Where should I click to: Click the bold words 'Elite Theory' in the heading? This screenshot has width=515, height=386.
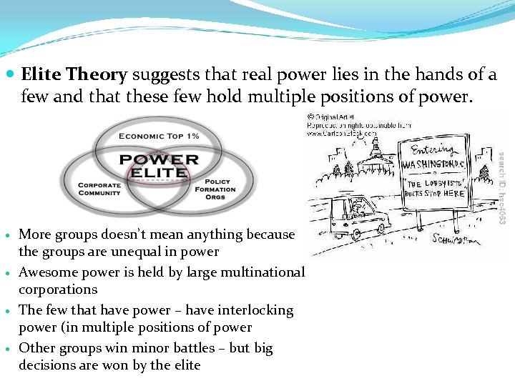pos(74,74)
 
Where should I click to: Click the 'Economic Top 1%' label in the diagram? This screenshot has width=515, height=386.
pos(159,137)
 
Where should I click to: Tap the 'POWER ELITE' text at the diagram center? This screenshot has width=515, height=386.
pos(159,165)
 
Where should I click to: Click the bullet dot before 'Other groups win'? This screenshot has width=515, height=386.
pos(8,349)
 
